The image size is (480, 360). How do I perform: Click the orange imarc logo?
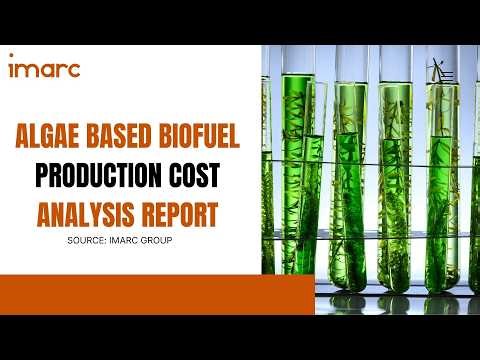pos(44,69)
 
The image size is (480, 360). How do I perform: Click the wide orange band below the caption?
pos(130,294)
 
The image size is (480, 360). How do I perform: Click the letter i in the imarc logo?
pos(12,69)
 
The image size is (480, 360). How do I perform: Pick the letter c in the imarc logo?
pos(75,70)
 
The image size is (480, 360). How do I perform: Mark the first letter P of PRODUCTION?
pos(41,177)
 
